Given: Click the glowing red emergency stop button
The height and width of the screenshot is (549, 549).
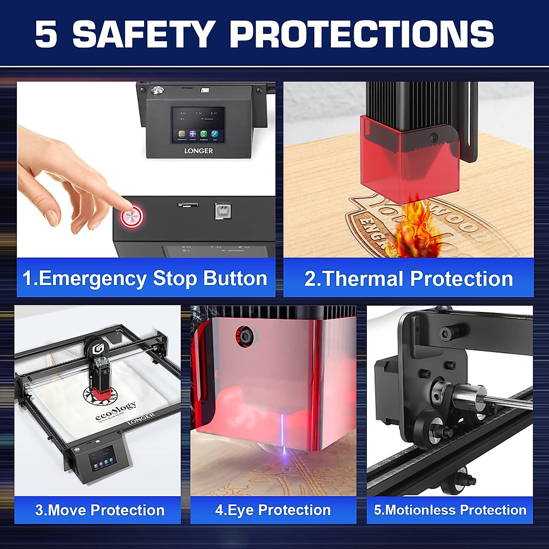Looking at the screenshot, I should point(132,216).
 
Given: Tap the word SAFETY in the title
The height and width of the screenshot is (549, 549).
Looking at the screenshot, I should point(144,34).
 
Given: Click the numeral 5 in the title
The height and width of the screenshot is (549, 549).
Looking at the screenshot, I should point(46,34).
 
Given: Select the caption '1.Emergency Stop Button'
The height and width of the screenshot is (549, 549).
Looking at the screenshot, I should point(145,279).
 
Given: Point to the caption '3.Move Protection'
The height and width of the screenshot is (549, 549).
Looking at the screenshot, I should point(100,510).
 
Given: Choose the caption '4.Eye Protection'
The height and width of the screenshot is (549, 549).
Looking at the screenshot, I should point(273,510).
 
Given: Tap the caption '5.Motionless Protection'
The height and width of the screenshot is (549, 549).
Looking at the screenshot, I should point(450,510).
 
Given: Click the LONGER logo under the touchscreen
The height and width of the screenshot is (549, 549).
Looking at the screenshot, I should point(199,151).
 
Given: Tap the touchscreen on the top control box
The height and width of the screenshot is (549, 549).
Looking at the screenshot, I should point(198,125).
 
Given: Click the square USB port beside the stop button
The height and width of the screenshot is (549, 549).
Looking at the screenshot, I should point(223,211).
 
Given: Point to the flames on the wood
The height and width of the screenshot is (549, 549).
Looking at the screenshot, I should point(412,226).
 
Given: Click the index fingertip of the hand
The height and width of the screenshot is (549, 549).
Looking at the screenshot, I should point(124,205).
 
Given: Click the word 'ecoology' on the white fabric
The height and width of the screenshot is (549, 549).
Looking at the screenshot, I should point(116,411).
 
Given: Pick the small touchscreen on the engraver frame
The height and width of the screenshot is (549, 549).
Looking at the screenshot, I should point(102,458).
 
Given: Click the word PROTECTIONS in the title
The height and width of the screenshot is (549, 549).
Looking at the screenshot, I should point(362,34).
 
